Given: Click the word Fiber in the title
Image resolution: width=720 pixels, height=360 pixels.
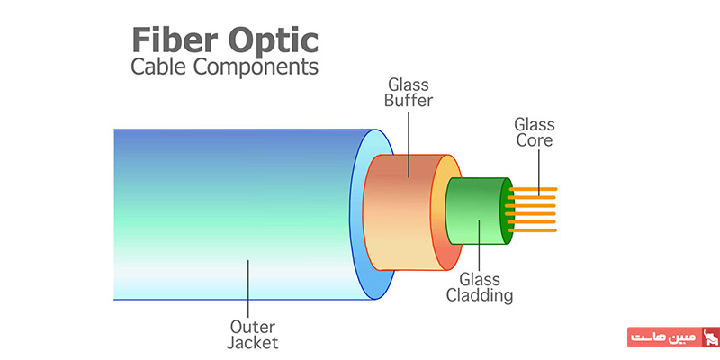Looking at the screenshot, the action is tap(175, 40).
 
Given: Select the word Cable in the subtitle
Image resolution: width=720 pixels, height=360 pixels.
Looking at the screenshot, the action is tap(159, 67).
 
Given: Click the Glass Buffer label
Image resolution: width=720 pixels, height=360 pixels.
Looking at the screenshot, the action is tap(409, 93).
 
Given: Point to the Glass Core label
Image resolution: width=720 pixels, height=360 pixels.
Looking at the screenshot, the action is tap(534, 132).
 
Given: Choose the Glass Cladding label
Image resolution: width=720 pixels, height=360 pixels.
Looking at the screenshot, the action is tap(480, 287).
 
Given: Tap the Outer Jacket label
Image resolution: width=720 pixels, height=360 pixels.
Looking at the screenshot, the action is tap(253, 335).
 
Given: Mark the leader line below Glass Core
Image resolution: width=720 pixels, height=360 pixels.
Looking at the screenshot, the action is tap(538, 169).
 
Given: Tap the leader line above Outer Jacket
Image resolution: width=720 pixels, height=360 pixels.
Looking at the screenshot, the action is tap(248, 289).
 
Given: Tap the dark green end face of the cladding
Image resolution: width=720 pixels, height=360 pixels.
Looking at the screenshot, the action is tap(507, 211).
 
